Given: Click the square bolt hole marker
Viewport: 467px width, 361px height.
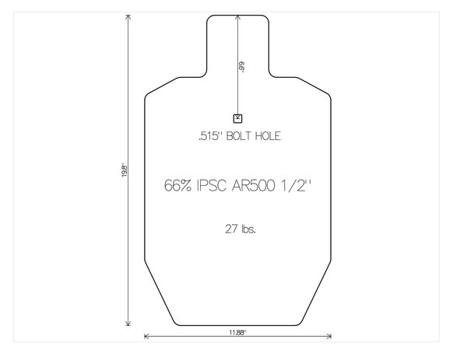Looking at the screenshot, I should [238, 118].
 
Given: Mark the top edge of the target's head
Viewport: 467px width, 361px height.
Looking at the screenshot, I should [238, 14].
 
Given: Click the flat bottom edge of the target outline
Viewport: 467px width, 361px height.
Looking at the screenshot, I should [238, 325].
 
